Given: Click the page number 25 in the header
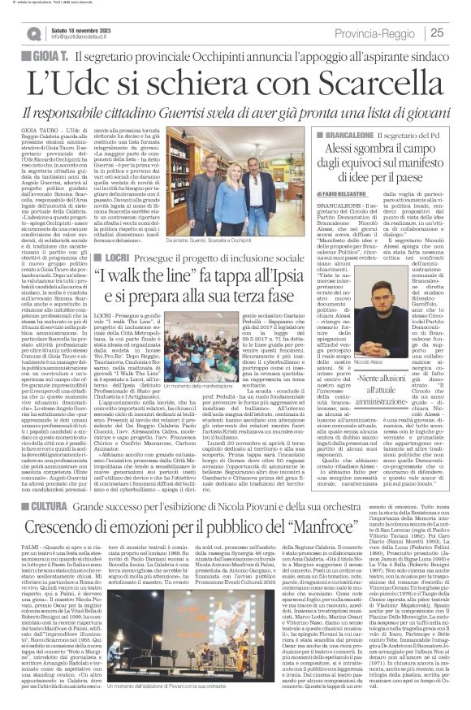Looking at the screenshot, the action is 458,32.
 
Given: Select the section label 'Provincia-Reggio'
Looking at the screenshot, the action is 405,32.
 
